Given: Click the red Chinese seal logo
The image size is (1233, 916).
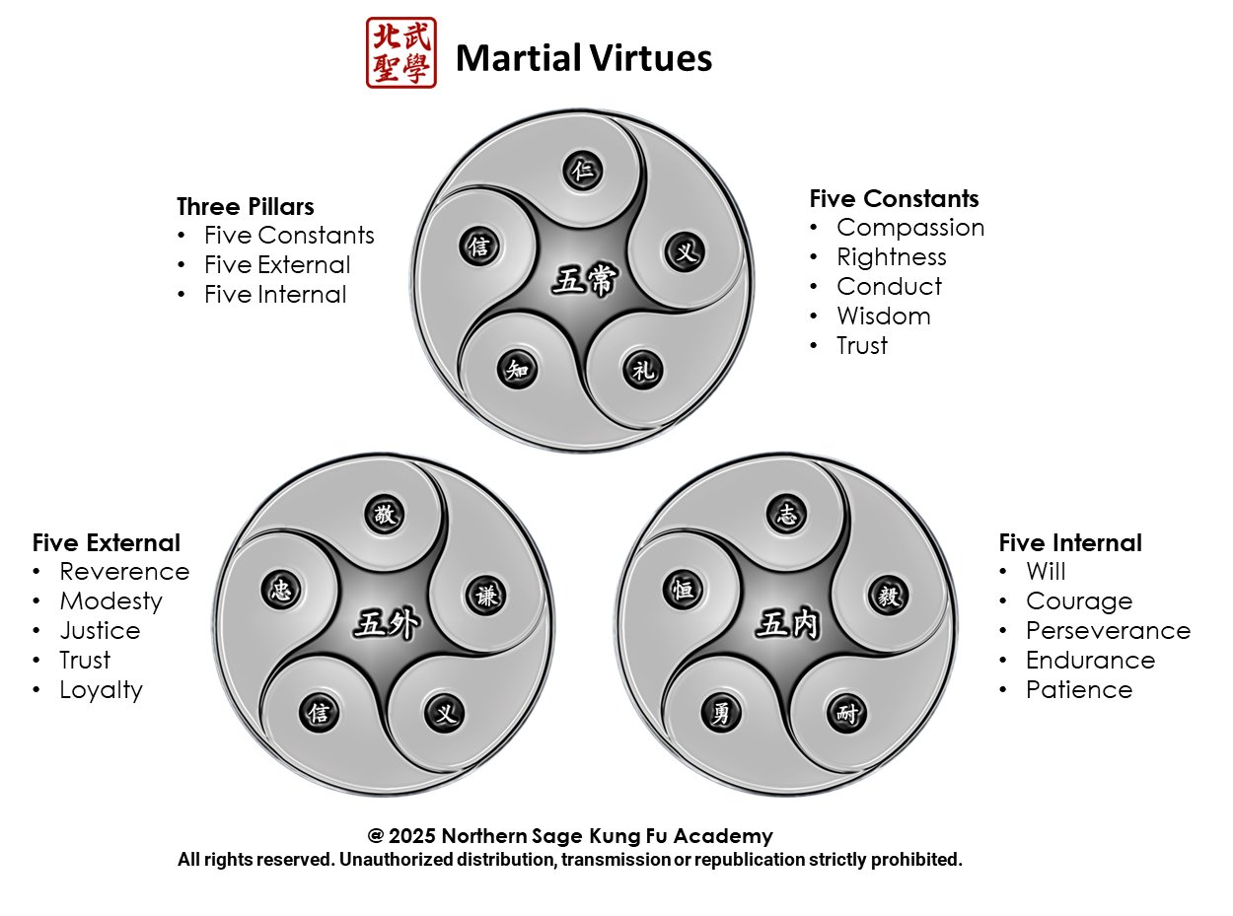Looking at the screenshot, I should point(400,53).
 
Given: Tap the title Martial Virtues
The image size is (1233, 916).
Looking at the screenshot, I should point(583,58).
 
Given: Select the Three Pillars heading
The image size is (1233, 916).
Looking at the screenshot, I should point(246,207).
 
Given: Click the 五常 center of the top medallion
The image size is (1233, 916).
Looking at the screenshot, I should point(583,282).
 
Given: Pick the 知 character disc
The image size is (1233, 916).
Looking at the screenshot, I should point(518,369).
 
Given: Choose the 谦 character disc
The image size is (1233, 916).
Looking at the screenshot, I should point(485,596).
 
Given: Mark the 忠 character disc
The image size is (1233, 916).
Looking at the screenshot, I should point(280,590).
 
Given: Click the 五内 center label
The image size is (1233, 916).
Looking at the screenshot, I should point(786,625).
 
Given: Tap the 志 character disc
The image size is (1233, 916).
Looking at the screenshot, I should point(786,514).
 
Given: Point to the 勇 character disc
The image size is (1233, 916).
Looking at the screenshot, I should point(722,712).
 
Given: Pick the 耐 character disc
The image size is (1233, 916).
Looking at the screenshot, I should point(848,714).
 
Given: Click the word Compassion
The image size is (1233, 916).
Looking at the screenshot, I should point(910,228).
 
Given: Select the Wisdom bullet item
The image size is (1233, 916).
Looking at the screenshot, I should point(883,317).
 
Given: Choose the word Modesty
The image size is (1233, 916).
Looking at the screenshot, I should point(110,601).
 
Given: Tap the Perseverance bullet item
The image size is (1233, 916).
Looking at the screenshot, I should point(1108,631).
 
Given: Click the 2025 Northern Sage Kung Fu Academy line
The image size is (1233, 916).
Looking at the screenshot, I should point(570,836).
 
